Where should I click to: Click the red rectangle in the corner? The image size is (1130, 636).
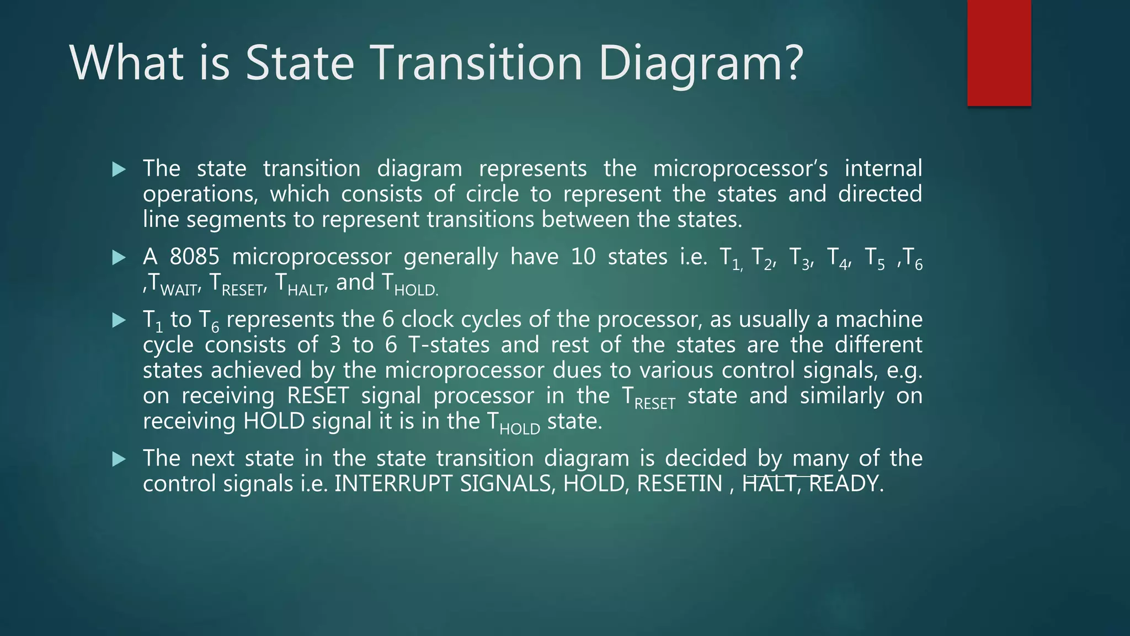999,53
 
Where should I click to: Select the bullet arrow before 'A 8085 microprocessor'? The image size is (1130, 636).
119,258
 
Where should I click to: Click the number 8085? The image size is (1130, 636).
194,257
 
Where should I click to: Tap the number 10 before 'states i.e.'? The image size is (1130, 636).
583,257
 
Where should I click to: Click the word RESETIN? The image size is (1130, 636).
679,484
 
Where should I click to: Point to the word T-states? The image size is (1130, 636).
449,345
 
